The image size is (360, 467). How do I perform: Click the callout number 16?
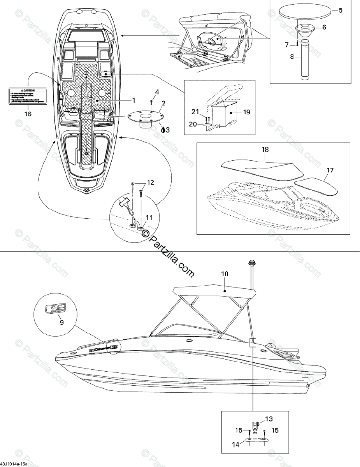pyautogui.click(x=28, y=114)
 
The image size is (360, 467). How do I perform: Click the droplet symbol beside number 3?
pyautogui.click(x=163, y=130)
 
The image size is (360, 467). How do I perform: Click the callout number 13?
pyautogui.click(x=269, y=419)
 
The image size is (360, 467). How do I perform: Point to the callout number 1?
pyautogui.click(x=133, y=100)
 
